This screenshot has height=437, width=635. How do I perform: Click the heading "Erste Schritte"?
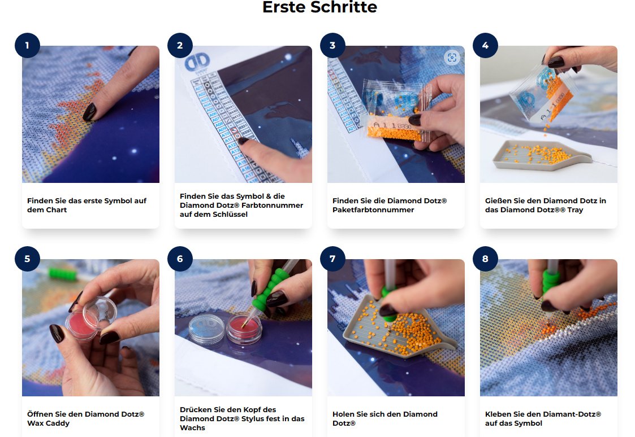point(319,7)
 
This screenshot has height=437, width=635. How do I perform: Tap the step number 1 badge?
point(27,45)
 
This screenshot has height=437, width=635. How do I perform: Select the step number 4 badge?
point(485,45)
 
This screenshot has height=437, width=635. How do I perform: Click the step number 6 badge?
point(180,259)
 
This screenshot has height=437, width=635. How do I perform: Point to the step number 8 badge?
point(485,259)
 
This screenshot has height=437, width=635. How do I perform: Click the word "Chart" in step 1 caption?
point(57,210)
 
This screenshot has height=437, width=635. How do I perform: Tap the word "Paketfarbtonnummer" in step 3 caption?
point(373,210)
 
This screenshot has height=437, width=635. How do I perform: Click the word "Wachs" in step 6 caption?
point(192,428)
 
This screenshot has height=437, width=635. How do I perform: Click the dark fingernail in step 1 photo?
point(89,112)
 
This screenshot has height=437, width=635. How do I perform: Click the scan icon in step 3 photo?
point(452,58)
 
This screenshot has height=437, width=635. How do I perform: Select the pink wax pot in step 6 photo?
point(244,329)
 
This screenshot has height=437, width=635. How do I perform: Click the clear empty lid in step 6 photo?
point(206,328)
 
